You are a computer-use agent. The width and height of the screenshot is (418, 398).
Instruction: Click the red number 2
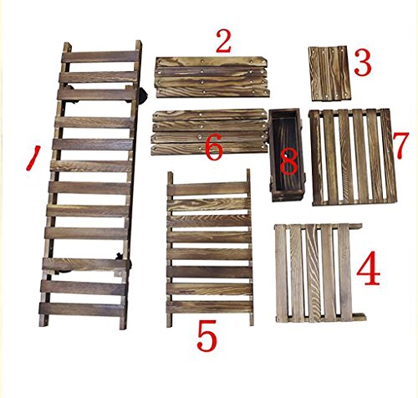[x=223, y=42]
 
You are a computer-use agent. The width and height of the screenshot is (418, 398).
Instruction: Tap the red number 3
[x=363, y=64]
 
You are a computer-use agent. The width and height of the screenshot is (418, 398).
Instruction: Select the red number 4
[x=369, y=268]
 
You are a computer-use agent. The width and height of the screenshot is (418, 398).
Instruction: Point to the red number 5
[x=206, y=335]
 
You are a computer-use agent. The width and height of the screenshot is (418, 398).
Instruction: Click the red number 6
[x=214, y=147]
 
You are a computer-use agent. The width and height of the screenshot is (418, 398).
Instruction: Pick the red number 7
[x=400, y=145]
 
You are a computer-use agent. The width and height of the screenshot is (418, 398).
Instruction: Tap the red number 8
[x=288, y=161]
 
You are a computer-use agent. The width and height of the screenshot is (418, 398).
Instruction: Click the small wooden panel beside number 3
[x=329, y=74]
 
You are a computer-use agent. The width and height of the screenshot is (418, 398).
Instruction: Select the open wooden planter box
[x=287, y=155]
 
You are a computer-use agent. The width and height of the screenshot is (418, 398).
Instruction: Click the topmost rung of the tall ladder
[x=99, y=57]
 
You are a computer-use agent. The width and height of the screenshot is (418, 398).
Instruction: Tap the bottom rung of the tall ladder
[x=82, y=309]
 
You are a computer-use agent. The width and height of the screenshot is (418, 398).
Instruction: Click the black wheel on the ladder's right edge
[x=143, y=95]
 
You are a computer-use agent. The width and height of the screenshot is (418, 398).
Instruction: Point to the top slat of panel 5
[x=207, y=189]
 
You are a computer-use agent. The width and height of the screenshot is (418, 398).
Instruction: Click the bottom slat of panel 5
[x=210, y=307]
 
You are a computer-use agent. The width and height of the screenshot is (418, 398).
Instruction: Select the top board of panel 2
[x=211, y=61]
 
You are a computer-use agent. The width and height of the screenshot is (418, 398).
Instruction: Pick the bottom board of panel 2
[x=213, y=93]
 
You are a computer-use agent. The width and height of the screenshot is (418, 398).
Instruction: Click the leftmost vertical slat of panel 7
[x=316, y=157]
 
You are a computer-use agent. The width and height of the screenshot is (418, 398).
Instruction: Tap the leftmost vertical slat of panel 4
[x=282, y=273]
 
